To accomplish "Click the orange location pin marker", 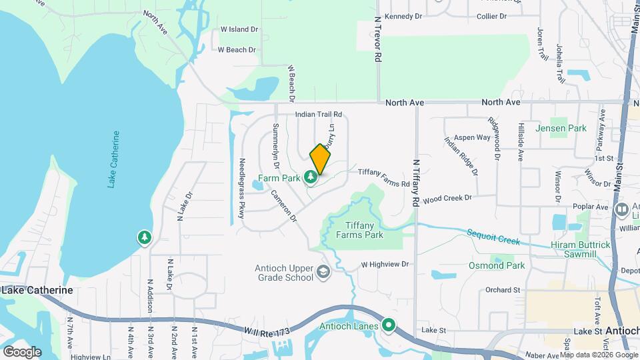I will click(x=320, y=159).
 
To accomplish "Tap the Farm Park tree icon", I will click(x=310, y=177).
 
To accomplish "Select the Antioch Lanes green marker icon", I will click(x=388, y=326).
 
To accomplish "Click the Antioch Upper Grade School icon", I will click(x=323, y=271).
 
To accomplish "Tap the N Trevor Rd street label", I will click(x=377, y=40).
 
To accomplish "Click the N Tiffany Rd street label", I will click(x=417, y=181).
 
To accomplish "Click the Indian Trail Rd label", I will click(x=319, y=115).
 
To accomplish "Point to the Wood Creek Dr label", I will click(x=447, y=198).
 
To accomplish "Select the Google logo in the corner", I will click(x=22, y=351).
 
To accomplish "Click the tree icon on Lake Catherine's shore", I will click(x=144, y=237).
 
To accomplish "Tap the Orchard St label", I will click(x=502, y=290).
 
